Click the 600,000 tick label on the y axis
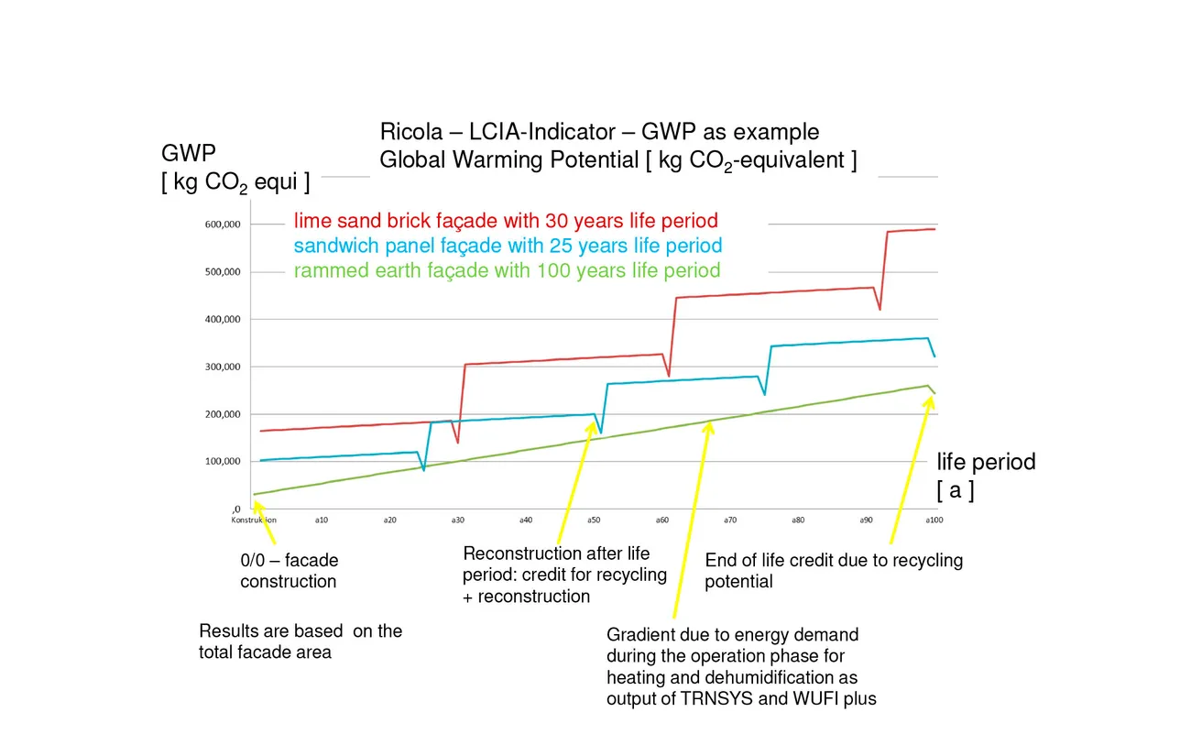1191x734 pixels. (x=222, y=225)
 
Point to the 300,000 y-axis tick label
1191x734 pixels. (x=222, y=367)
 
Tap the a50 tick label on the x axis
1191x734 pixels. (x=594, y=520)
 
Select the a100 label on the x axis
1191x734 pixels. (x=934, y=520)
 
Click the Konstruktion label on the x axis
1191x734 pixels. (x=254, y=520)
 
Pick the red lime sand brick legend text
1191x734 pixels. (x=506, y=221)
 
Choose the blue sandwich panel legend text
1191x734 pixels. (x=508, y=246)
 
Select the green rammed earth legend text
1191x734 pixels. (x=507, y=270)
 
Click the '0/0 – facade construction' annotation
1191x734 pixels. (x=289, y=571)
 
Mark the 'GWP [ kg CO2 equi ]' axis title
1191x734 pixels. (x=235, y=168)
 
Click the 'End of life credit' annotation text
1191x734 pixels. (x=834, y=570)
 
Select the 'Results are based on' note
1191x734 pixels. (x=300, y=641)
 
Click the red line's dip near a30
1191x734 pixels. (x=457, y=443)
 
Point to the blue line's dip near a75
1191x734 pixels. (x=765, y=395)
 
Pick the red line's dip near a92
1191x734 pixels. (x=880, y=310)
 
